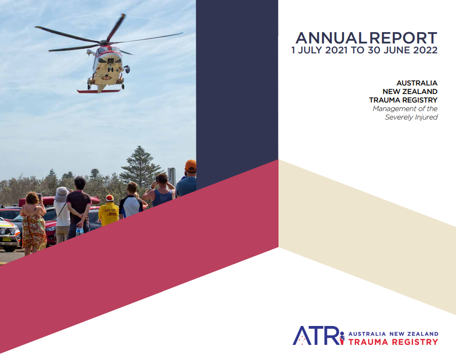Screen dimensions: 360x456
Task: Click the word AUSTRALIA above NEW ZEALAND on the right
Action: (x=417, y=83)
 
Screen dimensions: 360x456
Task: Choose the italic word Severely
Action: (x=397, y=117)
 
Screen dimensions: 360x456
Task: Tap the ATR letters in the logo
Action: (x=315, y=335)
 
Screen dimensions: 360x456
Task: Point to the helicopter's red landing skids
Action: (x=99, y=91)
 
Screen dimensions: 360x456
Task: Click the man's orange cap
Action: (x=190, y=165)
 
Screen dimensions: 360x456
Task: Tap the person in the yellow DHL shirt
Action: (x=109, y=214)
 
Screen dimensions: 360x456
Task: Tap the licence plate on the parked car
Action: (x=7, y=240)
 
